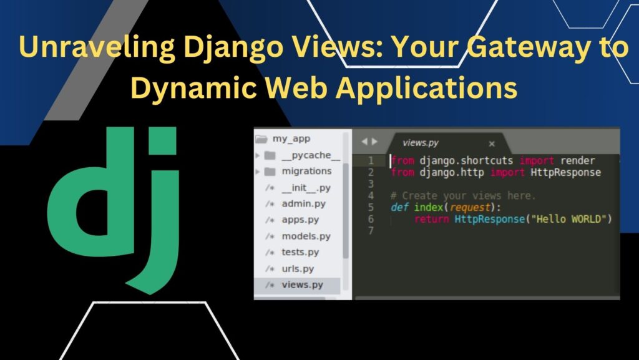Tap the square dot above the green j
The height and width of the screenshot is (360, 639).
click(162, 141)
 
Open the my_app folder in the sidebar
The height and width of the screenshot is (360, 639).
click(291, 139)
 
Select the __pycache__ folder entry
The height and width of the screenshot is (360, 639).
click(310, 155)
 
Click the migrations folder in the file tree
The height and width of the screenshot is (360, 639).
click(306, 171)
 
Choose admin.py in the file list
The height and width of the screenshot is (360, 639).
click(303, 203)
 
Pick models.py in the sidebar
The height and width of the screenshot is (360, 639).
click(306, 236)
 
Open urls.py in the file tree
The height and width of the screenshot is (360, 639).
click(298, 269)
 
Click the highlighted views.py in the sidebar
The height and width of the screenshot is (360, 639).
click(302, 285)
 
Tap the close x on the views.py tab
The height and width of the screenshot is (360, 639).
click(492, 144)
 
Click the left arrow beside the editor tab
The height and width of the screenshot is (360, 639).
click(364, 142)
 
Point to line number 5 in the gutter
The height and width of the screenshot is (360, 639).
click(371, 207)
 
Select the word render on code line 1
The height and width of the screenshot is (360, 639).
click(577, 160)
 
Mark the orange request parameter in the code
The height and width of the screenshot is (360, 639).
click(470, 208)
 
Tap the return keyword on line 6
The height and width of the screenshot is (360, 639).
click(432, 219)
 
